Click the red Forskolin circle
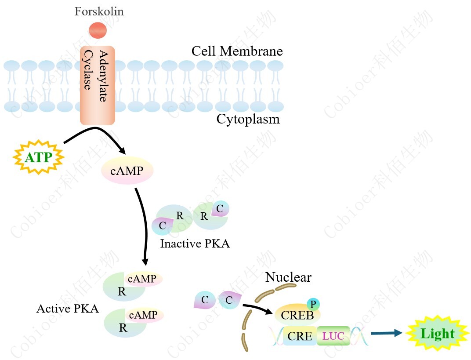tap(98, 30)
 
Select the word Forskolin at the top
tap(99, 11)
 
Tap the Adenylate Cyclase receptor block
tap(97, 85)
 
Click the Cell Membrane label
tap(237, 51)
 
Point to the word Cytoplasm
tap(248, 119)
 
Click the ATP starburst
tap(38, 157)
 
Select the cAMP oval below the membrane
tap(127, 171)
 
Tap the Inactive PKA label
tap(195, 244)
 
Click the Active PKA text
tap(67, 309)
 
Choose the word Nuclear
tap(288, 277)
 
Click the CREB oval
tap(297, 315)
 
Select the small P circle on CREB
tap(313, 304)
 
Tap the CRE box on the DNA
tap(300, 336)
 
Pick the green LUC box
tap(333, 336)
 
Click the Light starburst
tap(437, 334)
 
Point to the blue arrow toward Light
tap(386, 333)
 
